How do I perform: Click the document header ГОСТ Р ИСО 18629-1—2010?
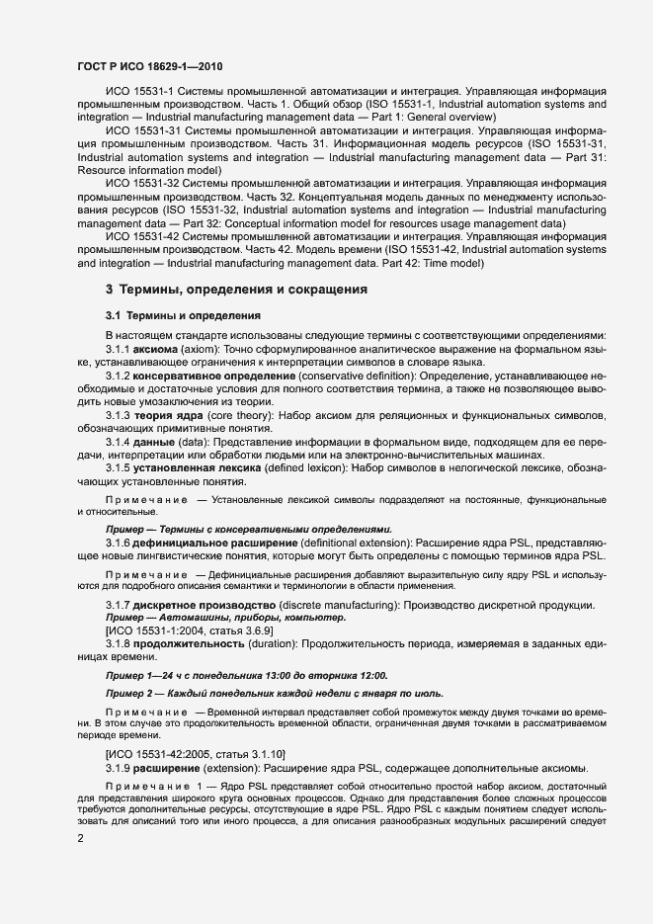pyautogui.click(x=149, y=67)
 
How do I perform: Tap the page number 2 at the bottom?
pyautogui.click(x=80, y=839)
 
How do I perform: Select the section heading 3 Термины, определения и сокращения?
pyautogui.click(x=236, y=290)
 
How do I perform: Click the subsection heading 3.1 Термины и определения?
pyautogui.click(x=183, y=315)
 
